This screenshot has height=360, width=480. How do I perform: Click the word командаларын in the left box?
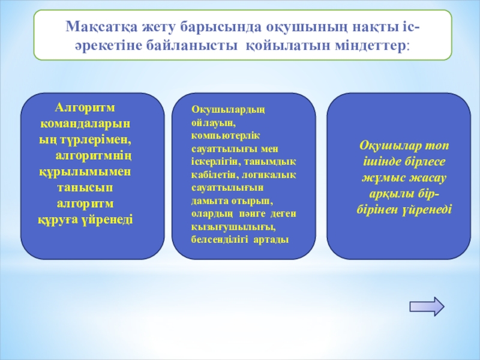(85, 124)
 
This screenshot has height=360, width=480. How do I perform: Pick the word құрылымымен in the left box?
(85, 172)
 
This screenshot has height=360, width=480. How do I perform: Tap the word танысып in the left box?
(85, 188)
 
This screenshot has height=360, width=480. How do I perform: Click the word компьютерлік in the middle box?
(226, 136)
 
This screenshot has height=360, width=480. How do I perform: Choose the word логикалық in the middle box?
(269, 175)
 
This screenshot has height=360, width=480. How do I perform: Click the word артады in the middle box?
(271, 239)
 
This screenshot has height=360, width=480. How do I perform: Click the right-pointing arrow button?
(427, 306)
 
